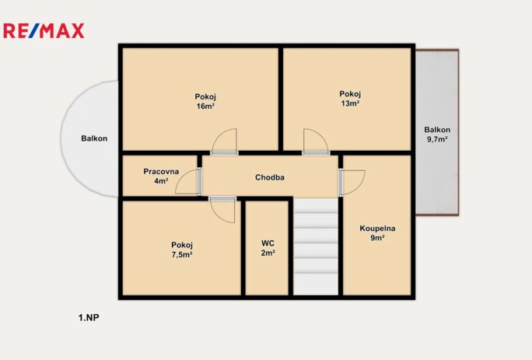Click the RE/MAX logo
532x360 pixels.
(44, 31)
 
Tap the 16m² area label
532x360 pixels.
(205, 107)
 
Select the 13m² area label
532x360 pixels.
(350, 103)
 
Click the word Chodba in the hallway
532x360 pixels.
(270, 177)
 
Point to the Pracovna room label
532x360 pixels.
(161, 171)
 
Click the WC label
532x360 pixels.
(268, 243)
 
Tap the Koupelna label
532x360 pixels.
(377, 229)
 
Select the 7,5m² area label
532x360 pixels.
(182, 255)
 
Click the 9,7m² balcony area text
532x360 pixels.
(437, 139)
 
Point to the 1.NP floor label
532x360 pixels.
(89, 317)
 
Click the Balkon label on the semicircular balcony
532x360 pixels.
(94, 138)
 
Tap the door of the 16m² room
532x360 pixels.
(224, 142)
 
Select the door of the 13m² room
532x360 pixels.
(317, 142)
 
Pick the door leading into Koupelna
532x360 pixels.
(352, 183)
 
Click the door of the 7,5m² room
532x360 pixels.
(222, 210)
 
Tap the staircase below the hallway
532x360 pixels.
(316, 246)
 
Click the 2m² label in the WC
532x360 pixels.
(268, 253)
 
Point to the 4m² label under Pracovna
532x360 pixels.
(161, 181)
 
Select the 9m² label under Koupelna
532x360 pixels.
(377, 238)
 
